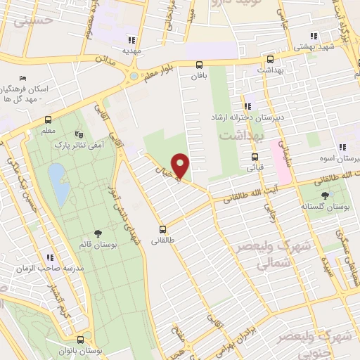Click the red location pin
[x=181, y=165]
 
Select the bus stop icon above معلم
[x=48, y=119]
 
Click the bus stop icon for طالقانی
[x=163, y=229]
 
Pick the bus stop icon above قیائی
[x=254, y=157]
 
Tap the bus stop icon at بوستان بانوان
[x=81, y=339]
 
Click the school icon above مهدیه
[x=131, y=39]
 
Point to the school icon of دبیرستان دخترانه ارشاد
[x=247, y=105]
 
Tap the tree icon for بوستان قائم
[x=98, y=233]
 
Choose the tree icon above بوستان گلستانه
[x=324, y=195]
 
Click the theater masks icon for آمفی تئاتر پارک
[x=78, y=132]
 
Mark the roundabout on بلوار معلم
[x=131, y=75]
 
